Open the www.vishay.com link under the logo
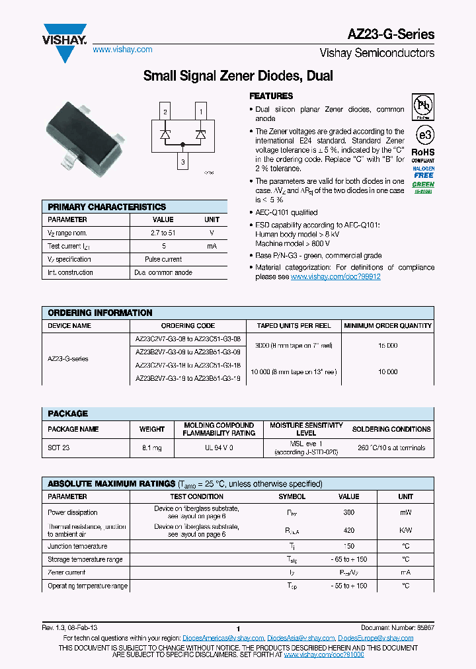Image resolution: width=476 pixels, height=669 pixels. point(122,50)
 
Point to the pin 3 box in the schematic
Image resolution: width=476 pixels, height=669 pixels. point(183,161)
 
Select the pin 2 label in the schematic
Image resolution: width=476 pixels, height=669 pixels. point(165,112)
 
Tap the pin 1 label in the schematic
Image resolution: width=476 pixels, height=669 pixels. point(200,112)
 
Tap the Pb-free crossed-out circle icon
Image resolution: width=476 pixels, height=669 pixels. point(423,106)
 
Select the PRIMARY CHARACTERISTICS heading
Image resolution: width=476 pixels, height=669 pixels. point(107,207)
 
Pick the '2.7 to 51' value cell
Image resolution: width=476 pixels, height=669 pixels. point(163,233)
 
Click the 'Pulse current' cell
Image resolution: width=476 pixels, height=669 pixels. point(163,259)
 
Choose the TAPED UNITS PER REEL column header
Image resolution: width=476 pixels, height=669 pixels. point(294,325)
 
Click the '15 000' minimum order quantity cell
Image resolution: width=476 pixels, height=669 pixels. point(387,346)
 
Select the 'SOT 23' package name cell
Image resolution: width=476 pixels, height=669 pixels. point(59,448)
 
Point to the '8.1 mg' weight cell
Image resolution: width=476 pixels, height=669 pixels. point(152,448)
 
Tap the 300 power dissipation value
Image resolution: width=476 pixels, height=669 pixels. point(348,512)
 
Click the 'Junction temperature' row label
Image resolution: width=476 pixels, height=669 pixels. point(77,546)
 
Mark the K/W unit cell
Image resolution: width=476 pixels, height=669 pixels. point(405,530)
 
